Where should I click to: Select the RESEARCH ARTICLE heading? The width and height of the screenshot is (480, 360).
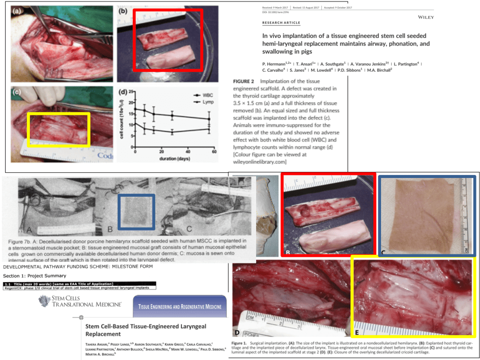coord(281,23)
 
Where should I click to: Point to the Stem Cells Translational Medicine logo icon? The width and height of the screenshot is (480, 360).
coord(43,301)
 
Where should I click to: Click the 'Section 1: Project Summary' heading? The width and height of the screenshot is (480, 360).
coord(35,276)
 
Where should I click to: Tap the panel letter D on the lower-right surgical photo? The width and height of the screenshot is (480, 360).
coord(236,332)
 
